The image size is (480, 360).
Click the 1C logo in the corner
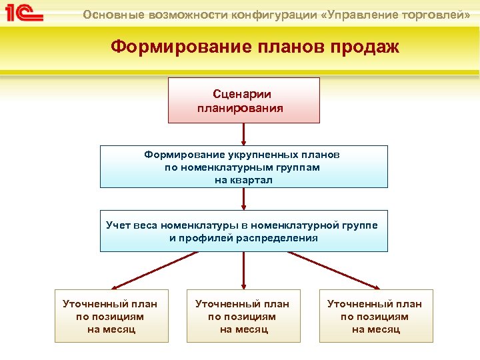(24, 13)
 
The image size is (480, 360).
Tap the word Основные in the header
(111, 14)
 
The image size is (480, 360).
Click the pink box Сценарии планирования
(243, 100)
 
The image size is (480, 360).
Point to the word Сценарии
(242, 95)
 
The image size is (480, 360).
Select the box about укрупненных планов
(243, 167)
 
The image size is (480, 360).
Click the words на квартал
(243, 180)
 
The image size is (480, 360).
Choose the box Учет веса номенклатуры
(243, 231)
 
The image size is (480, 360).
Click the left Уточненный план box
(111, 316)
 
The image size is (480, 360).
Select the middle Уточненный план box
(243, 316)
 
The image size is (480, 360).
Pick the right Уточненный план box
(375, 316)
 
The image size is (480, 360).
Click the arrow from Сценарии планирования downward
(243, 134)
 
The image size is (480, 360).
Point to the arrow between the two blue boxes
(243, 199)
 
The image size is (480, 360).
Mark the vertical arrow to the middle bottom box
(243, 270)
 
